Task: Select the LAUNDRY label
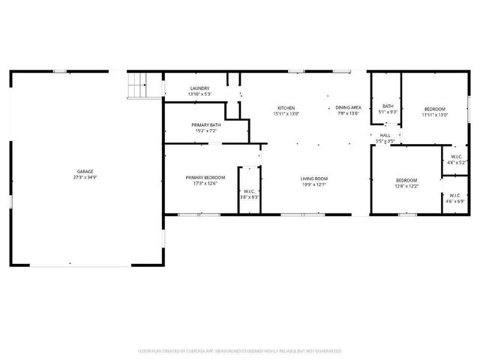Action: click(x=199, y=88)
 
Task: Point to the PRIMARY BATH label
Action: click(x=205, y=124)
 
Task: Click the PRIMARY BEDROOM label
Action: click(x=201, y=177)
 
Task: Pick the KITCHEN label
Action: click(x=286, y=108)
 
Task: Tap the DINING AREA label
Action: click(x=349, y=108)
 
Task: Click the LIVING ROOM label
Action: click(x=314, y=178)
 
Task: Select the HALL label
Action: click(x=385, y=135)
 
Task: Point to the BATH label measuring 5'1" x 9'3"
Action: click(x=388, y=106)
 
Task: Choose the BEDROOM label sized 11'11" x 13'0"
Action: click(x=434, y=109)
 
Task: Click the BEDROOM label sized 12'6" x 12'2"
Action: click(x=406, y=180)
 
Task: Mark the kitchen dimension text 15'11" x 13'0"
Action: click(x=286, y=114)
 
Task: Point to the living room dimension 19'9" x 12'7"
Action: click(x=314, y=184)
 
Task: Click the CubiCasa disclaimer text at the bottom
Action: click(x=240, y=350)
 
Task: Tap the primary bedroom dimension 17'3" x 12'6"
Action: click(x=201, y=183)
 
